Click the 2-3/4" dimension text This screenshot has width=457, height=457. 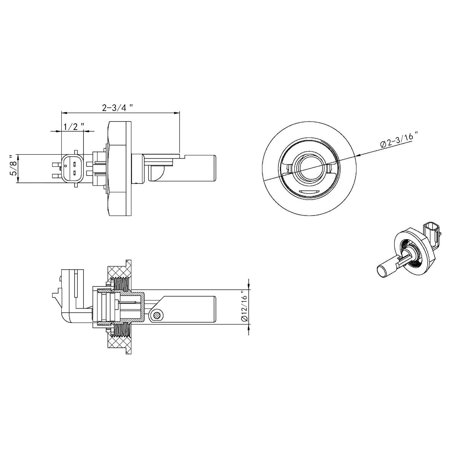coord(117,107)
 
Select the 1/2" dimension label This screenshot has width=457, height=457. coord(73,126)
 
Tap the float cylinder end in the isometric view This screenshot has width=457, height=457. coord(381,272)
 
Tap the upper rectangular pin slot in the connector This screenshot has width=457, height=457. coord(75,164)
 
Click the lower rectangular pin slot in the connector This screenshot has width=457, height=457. coord(75,173)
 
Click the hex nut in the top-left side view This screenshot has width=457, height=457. coord(120,168)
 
